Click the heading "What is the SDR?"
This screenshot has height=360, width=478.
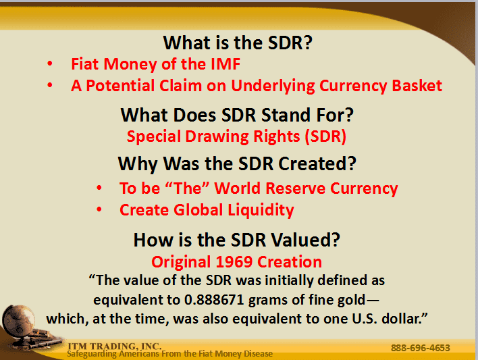point(238,43)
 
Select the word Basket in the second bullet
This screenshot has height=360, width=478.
point(417,85)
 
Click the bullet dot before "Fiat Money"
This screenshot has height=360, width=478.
point(50,63)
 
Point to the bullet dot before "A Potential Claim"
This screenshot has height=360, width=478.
point(50,85)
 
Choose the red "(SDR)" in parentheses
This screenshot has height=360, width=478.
point(325,136)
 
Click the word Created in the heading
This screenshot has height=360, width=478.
point(317,163)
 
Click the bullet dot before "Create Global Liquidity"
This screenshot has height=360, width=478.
point(99,209)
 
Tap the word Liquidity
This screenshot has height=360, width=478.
point(261,210)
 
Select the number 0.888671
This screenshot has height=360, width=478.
point(214,300)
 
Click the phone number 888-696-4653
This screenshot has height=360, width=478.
point(421,348)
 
